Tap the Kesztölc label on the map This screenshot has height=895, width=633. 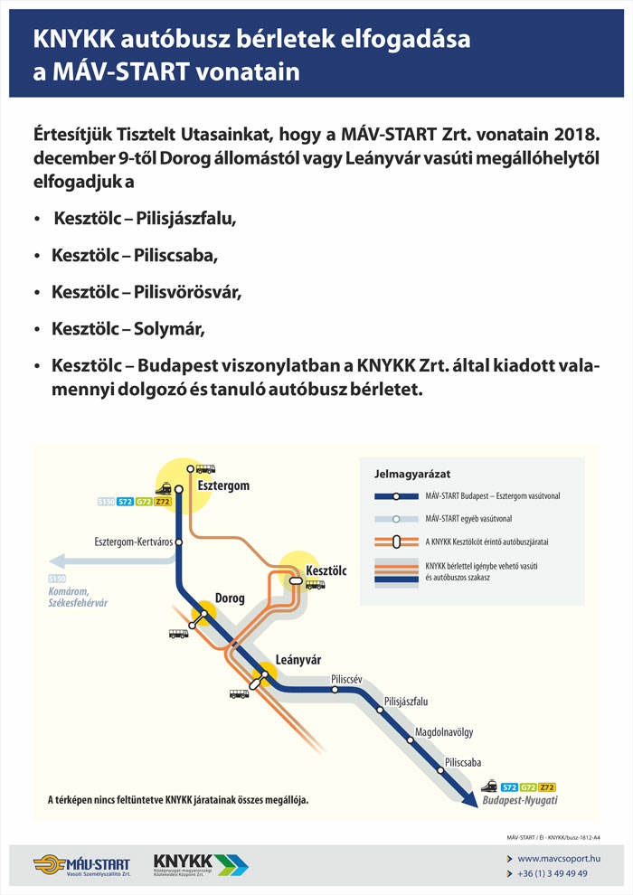coord(326,570)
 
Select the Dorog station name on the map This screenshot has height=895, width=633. coord(230,598)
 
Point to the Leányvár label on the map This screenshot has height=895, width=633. coord(298,659)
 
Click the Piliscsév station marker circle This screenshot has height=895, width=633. coord(335,690)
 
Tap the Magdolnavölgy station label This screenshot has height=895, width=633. coord(444,730)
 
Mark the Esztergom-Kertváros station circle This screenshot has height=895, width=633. coord(179,542)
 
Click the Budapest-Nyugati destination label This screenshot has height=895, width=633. coord(520,801)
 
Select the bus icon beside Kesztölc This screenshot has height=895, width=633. coord(316,585)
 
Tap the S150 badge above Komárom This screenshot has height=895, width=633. coord(57,579)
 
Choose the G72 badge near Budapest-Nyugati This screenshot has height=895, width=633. coord(528,787)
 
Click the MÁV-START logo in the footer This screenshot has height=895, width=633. coord(81,866)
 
